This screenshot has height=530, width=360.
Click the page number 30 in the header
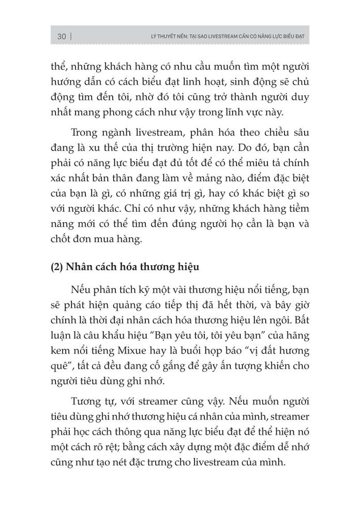(x=62, y=36)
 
